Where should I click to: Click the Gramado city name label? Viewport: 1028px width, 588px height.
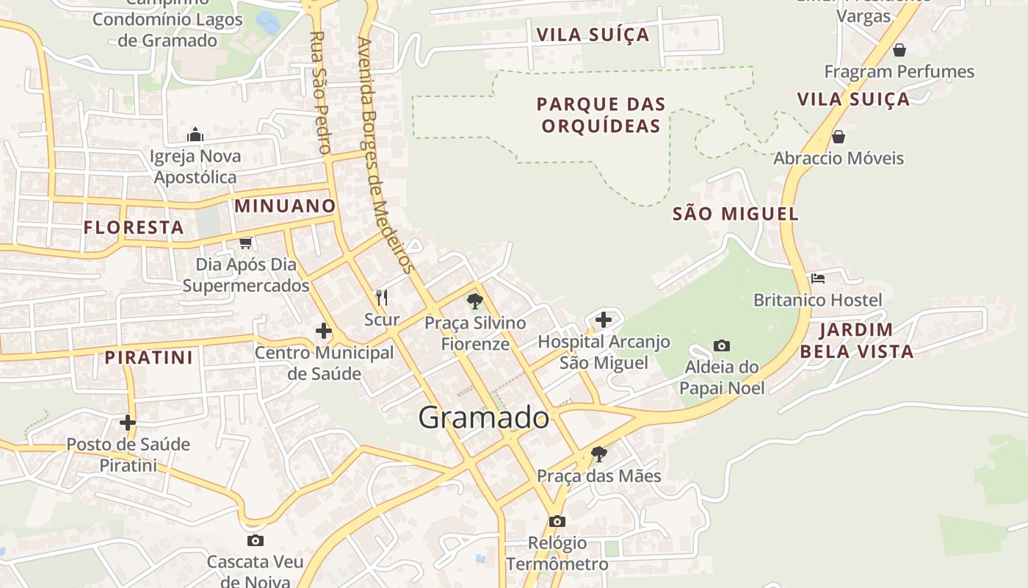click(483, 417)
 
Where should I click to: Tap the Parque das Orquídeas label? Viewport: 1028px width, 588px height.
click(601, 115)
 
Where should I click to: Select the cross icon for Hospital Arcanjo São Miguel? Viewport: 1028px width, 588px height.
click(603, 320)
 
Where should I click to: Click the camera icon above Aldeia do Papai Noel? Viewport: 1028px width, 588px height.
click(722, 345)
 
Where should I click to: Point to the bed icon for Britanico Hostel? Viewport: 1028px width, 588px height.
click(818, 279)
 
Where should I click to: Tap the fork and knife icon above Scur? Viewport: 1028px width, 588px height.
click(382, 297)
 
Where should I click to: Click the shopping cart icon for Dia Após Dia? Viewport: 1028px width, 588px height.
click(245, 243)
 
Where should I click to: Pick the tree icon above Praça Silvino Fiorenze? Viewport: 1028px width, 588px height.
click(475, 301)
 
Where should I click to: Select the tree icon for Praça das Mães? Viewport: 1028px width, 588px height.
click(598, 453)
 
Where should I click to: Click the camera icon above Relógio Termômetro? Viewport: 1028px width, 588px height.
click(557, 521)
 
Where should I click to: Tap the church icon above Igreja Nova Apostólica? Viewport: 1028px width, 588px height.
click(195, 135)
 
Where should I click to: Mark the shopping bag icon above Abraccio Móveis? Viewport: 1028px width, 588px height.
click(838, 137)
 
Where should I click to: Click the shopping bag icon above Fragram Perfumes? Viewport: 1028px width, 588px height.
click(899, 50)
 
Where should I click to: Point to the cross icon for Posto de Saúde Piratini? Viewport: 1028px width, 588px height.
click(128, 423)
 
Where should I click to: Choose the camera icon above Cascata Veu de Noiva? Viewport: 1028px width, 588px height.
click(255, 541)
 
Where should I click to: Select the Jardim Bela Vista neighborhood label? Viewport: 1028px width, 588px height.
click(856, 340)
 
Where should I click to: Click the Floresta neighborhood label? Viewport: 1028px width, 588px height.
click(134, 227)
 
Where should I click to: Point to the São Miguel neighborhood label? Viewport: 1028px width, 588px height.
click(735, 214)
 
